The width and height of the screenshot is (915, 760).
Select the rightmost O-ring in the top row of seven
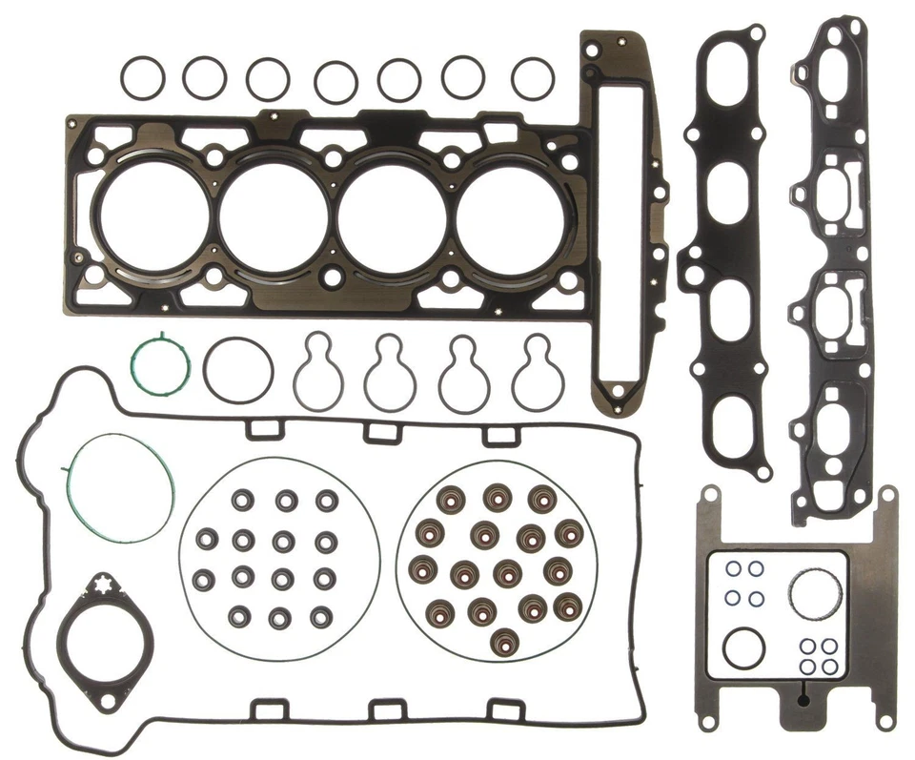click(532, 77)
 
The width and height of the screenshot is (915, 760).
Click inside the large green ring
click(120, 488)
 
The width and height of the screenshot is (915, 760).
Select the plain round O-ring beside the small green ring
click(237, 368)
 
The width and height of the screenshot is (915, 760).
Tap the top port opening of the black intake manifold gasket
click(726, 95)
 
